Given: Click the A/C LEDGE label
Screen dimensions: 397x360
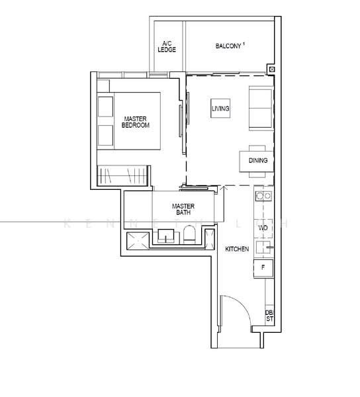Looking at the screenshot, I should [x=167, y=47].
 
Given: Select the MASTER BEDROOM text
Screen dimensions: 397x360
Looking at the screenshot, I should [x=136, y=122].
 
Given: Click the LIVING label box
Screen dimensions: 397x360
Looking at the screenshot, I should [x=220, y=108].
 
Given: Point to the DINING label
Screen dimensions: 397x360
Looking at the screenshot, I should [x=258, y=160].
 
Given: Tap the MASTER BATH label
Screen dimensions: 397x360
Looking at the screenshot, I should [x=183, y=209].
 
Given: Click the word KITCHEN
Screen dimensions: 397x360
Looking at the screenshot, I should [x=236, y=249].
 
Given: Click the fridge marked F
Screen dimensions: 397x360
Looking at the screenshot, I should [x=263, y=267].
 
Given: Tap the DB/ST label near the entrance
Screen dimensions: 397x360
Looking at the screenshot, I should [x=269, y=316].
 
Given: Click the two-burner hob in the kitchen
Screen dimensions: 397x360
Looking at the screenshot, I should [x=263, y=196].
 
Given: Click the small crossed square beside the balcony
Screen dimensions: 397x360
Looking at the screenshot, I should [x=271, y=69].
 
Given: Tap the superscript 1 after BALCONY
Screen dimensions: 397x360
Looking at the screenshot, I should [x=244, y=44].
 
